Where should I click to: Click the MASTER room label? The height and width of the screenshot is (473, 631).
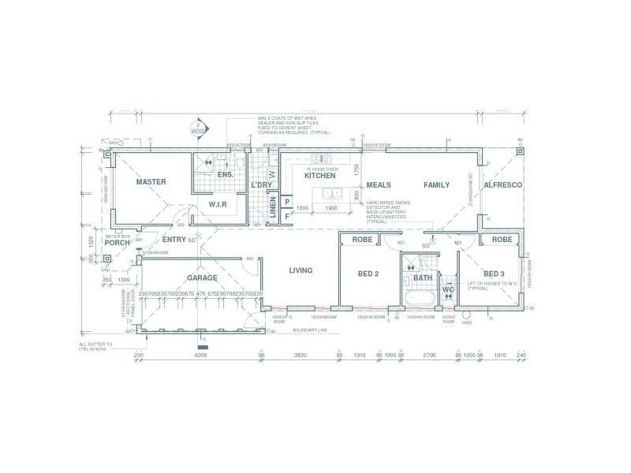151,182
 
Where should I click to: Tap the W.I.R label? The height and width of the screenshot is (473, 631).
218,204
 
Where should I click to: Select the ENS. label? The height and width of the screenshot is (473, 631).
225,175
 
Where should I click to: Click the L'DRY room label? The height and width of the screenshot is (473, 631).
261,185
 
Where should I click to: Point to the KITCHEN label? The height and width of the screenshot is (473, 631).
319,176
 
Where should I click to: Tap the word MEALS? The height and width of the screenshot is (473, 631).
379,185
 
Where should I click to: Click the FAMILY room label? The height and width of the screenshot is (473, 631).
436,185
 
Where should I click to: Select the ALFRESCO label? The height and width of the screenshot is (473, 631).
503,185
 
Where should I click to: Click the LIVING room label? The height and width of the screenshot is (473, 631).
301,270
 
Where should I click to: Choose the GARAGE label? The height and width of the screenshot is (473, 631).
202,278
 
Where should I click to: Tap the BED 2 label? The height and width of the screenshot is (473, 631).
369,274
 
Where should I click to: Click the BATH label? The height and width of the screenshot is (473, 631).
424,277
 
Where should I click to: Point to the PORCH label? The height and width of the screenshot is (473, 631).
117,243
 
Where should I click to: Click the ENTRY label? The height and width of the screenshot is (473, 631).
174,240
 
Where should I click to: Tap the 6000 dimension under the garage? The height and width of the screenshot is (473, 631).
200,356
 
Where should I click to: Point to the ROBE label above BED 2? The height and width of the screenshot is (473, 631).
362,240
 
